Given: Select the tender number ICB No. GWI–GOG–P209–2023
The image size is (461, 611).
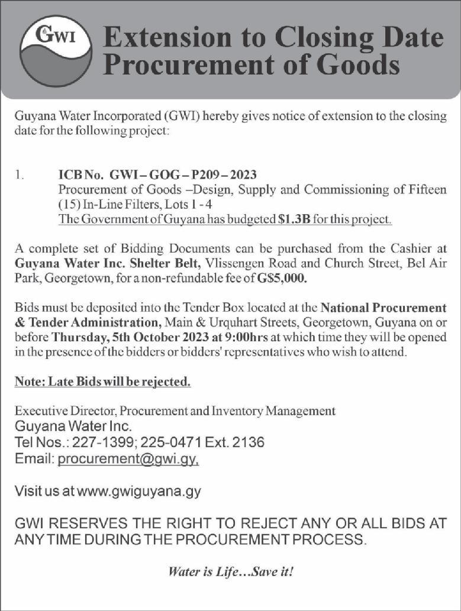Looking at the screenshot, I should point(157,175).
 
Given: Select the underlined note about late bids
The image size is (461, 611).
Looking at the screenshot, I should point(103,382).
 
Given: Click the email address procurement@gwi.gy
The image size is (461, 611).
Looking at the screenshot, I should point(128,458).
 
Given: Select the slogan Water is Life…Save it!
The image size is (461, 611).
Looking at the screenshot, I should point(231,572).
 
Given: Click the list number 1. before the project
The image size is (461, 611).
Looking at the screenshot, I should point(20,175).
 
